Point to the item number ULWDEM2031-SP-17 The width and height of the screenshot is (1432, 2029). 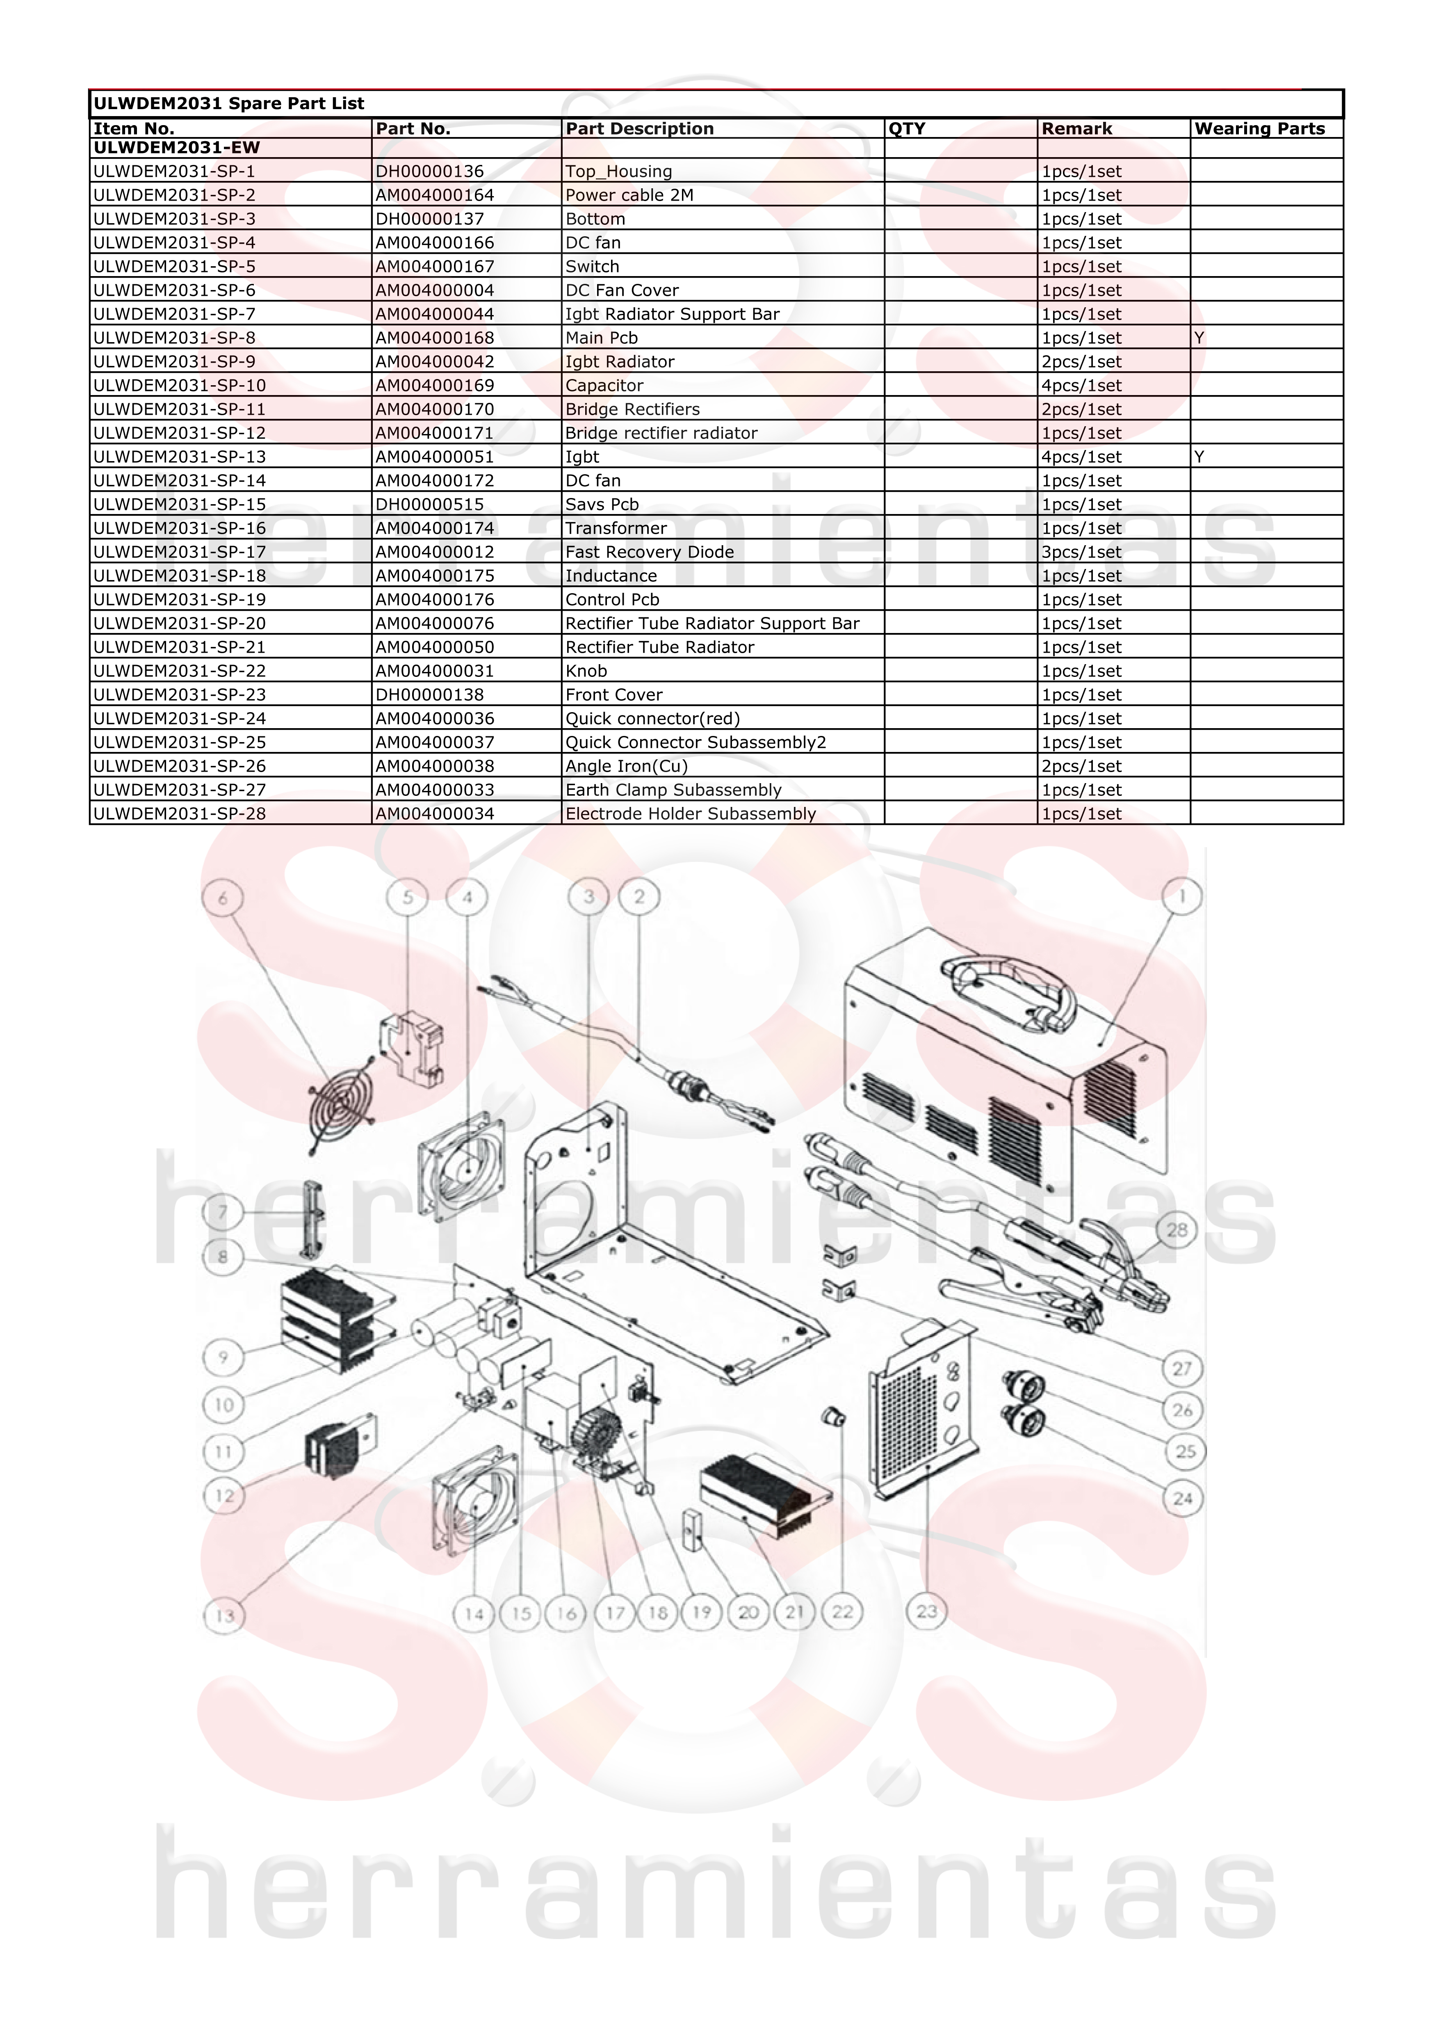click(179, 551)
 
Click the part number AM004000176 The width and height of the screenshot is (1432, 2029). click(435, 599)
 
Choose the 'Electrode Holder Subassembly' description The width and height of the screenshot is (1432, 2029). click(691, 814)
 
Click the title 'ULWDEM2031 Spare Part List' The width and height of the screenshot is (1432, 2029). click(229, 103)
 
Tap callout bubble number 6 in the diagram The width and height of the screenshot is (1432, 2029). click(223, 898)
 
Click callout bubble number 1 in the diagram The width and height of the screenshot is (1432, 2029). click(1182, 897)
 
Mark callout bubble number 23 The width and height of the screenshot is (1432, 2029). click(927, 1611)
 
